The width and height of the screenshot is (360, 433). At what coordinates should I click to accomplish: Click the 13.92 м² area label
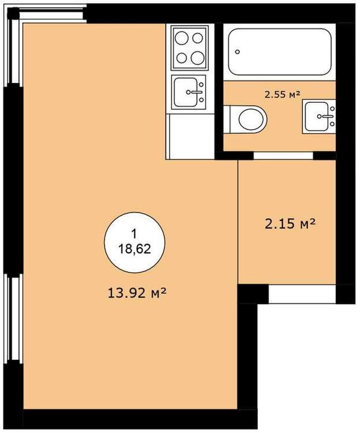pos(137,293)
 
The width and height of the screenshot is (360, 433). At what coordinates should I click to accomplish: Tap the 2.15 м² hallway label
pos(290,224)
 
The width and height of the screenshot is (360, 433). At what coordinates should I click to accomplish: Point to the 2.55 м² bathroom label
pos(283,95)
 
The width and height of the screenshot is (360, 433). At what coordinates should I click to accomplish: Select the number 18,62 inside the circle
pos(134,250)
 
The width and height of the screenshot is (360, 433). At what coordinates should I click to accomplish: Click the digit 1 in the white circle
pos(134,234)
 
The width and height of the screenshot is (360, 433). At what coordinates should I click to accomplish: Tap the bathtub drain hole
pos(237,51)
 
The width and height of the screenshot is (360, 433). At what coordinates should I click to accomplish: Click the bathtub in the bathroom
pos(279,51)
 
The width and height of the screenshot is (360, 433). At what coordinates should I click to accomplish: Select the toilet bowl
pos(251,120)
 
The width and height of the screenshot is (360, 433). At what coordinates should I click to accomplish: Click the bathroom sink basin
pos(317,116)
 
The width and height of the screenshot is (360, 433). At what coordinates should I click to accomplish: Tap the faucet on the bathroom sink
pos(327,116)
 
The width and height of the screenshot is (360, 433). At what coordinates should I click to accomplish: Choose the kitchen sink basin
pos(185,92)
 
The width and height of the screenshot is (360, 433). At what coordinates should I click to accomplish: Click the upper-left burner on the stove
pos(182,38)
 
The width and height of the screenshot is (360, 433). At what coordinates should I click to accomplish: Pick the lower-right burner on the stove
pos(197,58)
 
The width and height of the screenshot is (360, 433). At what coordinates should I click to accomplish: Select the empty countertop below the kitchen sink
pos(190,136)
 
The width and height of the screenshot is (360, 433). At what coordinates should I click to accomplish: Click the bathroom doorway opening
pos(283,155)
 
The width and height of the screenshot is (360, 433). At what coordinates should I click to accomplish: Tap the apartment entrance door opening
pos(302,294)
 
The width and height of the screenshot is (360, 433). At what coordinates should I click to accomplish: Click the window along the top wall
pos(50,14)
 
